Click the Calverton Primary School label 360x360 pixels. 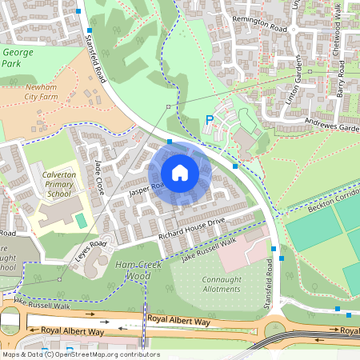tap(59, 184)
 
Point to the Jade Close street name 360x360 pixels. tap(100, 178)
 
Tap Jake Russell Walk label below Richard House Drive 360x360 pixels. tap(209, 249)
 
